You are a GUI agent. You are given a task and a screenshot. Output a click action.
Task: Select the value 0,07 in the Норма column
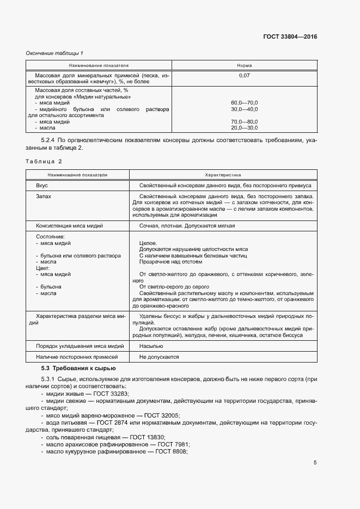coord(244,76)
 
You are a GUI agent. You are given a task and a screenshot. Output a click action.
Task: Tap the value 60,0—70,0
coord(244,103)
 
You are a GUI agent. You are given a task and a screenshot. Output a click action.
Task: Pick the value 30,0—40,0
coord(244,109)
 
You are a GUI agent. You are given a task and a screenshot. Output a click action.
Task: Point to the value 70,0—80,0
coord(244,121)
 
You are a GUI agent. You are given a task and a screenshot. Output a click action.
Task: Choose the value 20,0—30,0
coord(244,127)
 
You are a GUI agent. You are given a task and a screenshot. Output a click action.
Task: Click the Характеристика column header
coord(222,175)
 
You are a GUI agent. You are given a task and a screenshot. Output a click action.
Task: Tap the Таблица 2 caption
coord(44,161)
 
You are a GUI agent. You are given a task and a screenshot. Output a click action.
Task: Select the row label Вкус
coord(41,186)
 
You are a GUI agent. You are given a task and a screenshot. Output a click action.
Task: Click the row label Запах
coord(43,196)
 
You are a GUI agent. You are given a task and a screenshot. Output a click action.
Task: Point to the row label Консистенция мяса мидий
coord(76,225)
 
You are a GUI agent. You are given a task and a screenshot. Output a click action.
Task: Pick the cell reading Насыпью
coord(150,346)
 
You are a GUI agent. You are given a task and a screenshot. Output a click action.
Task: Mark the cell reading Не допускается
coord(159,357)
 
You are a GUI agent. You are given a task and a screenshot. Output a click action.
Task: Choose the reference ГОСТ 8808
coord(171,451)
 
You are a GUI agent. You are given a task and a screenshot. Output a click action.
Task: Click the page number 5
coord(315,463)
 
